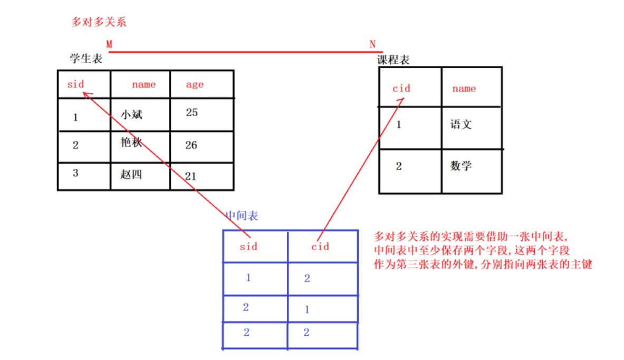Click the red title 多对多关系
coord(99,22)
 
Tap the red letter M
coord(109,44)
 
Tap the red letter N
coord(372,44)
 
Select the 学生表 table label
coord(87,59)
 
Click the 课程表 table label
coord(393,60)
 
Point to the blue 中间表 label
coord(242,215)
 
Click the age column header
coord(195,85)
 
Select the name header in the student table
coord(143,84)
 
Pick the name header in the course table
coord(464,88)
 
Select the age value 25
coord(192,113)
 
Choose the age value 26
coord(191,145)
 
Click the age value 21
coord(190,176)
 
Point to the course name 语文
coord(461,124)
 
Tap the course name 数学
coord(461,166)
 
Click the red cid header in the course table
coord(401,88)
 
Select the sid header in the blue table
coord(248,247)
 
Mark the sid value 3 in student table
coord(75,173)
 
